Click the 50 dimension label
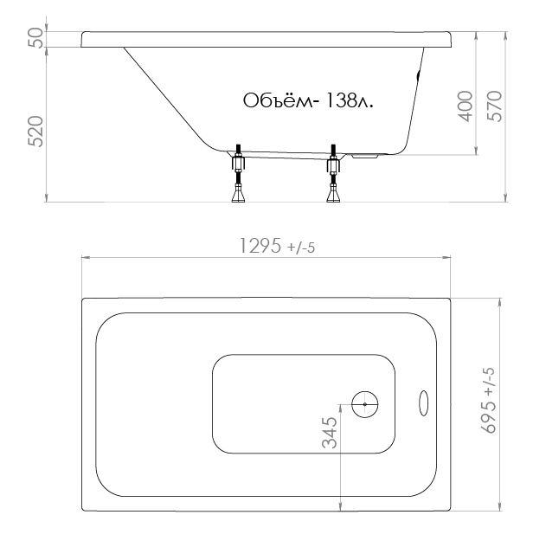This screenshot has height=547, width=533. [36, 38]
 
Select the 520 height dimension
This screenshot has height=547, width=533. [36, 132]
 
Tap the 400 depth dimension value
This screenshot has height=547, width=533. [465, 106]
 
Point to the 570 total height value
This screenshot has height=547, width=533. [494, 106]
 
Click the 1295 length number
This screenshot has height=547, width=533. [260, 246]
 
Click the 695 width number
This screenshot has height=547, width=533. [489, 416]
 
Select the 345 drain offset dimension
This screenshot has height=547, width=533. [330, 433]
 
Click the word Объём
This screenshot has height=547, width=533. [278, 100]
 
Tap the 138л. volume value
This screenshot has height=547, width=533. [349, 100]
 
